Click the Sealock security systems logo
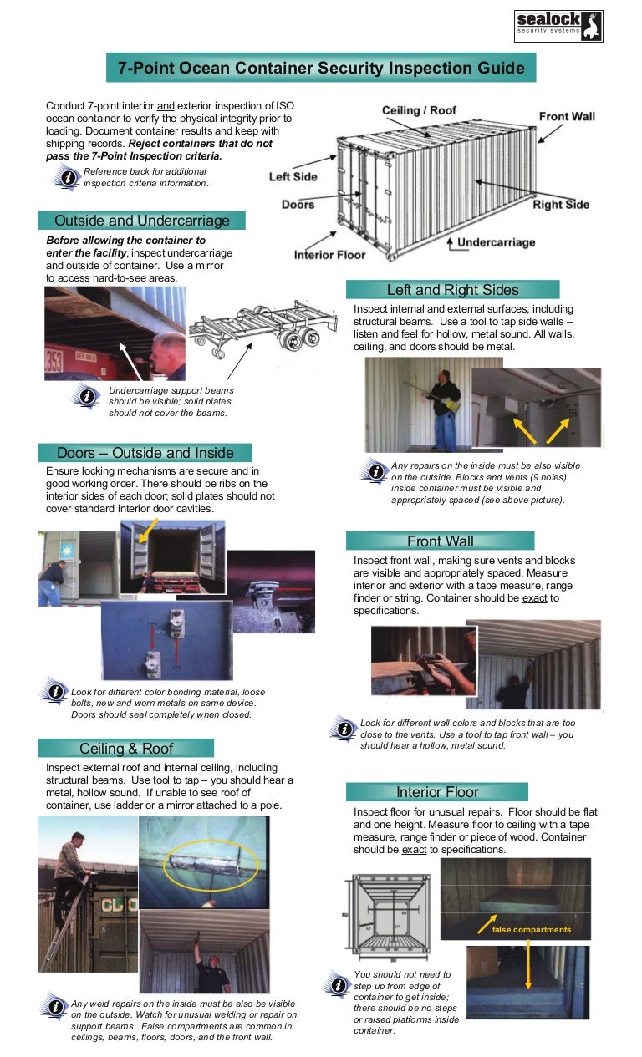click(558, 26)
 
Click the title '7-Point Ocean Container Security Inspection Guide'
click(321, 69)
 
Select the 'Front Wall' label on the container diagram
click(567, 116)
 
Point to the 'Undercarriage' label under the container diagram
click(496, 242)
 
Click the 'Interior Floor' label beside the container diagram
click(329, 255)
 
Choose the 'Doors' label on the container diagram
click(298, 205)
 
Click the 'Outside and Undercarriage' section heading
click(141, 221)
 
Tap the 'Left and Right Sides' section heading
click(452, 290)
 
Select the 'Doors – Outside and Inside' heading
click(145, 453)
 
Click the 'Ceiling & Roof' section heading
click(125, 748)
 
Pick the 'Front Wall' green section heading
click(440, 541)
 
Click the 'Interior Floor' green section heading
click(437, 791)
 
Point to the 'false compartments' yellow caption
click(532, 929)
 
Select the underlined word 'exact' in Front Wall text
click(535, 598)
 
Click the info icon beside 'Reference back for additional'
click(65, 176)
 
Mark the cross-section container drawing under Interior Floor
click(386, 915)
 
